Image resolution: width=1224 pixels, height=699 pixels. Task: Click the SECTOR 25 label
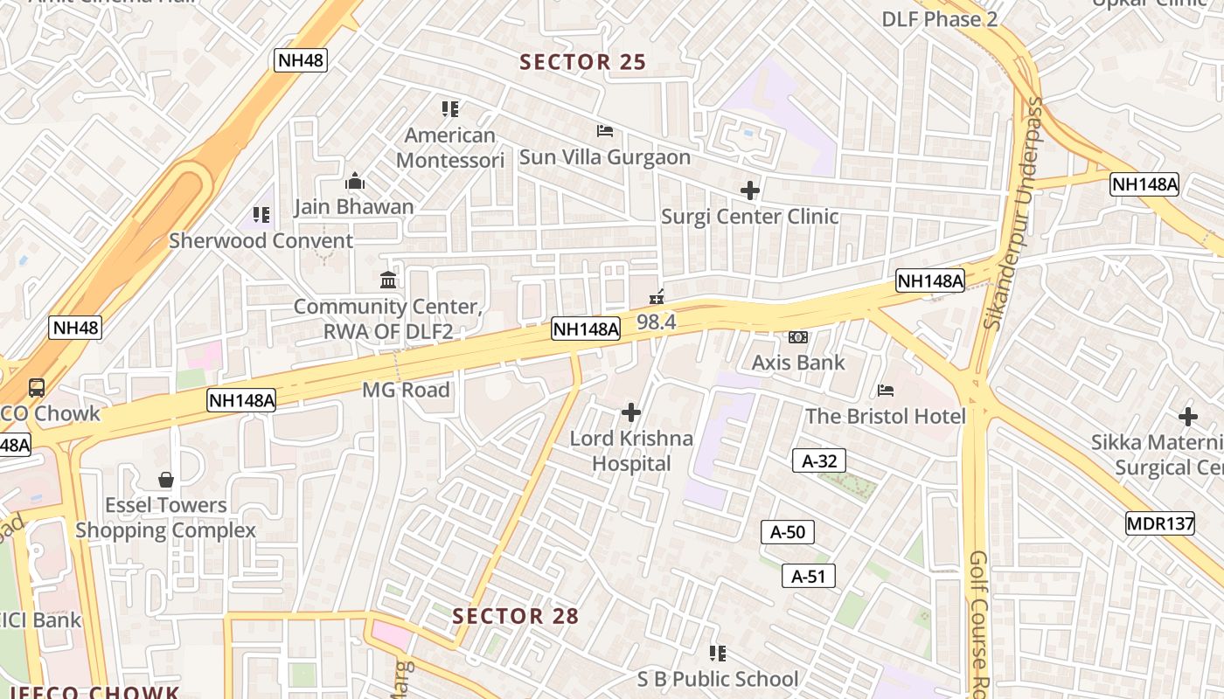582,62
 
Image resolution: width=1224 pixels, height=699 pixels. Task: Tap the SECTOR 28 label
515,616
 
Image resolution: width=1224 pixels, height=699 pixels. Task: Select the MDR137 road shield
1159,524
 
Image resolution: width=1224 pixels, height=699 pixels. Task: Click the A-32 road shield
819,461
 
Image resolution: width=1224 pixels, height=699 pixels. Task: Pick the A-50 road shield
788,532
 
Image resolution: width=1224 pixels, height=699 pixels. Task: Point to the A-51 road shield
808,576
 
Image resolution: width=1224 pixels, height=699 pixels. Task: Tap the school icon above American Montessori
450,109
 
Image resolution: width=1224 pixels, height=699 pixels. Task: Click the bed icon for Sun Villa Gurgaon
604,131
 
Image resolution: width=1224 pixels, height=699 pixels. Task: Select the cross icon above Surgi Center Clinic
749,190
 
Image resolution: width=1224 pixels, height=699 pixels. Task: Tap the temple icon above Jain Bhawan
354,181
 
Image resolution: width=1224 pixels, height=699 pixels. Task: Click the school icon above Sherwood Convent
261,214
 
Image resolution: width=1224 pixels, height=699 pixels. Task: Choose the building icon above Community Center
388,280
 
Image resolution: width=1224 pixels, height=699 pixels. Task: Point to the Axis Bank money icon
798,337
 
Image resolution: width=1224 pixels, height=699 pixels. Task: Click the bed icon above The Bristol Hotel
886,391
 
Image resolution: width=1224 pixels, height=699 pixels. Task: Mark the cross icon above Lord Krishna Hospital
630,412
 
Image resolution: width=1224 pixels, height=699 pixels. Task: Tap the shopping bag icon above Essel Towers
165,480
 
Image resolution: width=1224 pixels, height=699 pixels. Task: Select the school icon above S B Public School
718,654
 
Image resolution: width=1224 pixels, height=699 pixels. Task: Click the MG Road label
406,390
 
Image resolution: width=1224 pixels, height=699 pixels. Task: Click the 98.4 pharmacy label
656,322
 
